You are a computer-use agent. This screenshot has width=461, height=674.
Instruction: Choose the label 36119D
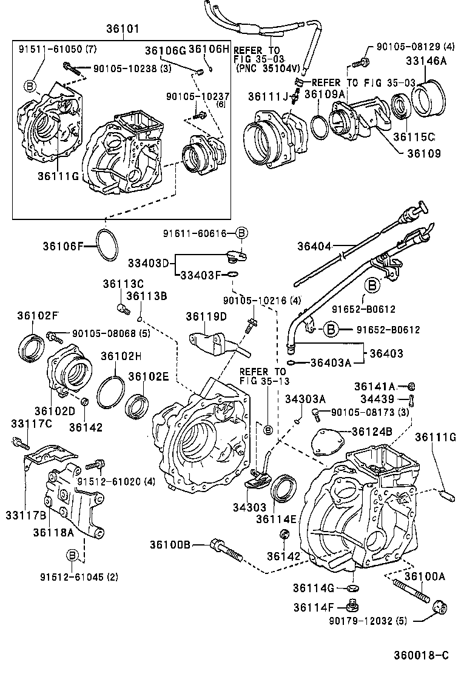(206, 316)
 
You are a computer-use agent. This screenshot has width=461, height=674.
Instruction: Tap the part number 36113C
(123, 284)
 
